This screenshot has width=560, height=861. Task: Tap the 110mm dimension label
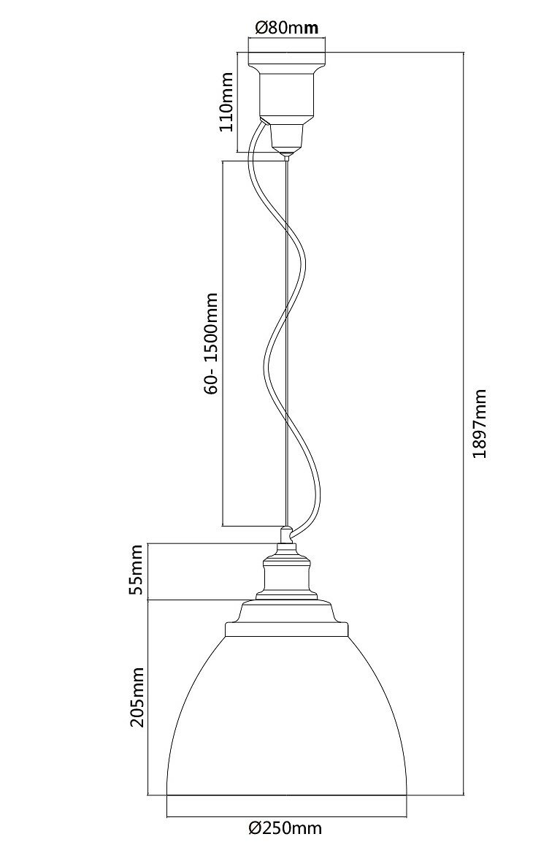coord(227,102)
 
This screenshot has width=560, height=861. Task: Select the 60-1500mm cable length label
coord(211,343)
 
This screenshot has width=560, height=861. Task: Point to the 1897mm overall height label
coord(480,424)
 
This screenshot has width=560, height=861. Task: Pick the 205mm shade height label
coord(137,700)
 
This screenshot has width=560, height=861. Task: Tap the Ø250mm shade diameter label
coord(285,828)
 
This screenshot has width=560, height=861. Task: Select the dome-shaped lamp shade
coord(286,716)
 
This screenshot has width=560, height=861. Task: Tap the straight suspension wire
coord(287,438)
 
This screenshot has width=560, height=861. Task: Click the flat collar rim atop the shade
coord(286,628)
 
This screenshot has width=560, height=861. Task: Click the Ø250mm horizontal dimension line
coord(286,815)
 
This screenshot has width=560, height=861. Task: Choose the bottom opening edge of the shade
coord(286,795)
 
